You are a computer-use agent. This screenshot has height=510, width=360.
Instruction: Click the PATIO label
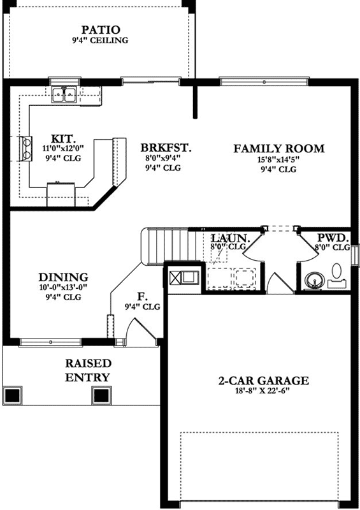pyautogui.click(x=101, y=29)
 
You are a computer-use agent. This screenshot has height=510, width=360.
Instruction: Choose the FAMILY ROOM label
pyautogui.click(x=278, y=149)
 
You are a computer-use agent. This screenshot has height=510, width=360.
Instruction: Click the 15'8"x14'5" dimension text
pyautogui.click(x=278, y=159)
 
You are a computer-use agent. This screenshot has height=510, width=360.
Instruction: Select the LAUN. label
pyautogui.click(x=227, y=237)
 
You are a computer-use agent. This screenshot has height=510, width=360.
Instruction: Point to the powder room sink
pyautogui.click(x=313, y=279)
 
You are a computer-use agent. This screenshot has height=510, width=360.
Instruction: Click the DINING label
pyautogui.click(x=62, y=277)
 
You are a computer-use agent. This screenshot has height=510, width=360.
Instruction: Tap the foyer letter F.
pyautogui.click(x=142, y=296)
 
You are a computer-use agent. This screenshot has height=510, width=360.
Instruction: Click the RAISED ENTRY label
pyautogui.click(x=88, y=370)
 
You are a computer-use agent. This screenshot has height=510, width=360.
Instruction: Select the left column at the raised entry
pyautogui.click(x=13, y=395)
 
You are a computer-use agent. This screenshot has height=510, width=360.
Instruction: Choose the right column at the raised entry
pyautogui.click(x=101, y=395)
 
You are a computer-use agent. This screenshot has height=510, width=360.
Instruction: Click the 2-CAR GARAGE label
pyautogui.click(x=263, y=381)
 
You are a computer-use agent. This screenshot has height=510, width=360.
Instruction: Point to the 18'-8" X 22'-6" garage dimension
pyautogui.click(x=263, y=391)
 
